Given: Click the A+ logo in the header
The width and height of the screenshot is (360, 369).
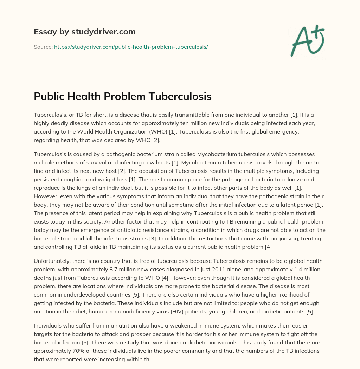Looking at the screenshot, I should [x=307, y=40].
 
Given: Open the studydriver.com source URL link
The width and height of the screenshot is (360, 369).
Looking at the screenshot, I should [x=131, y=47].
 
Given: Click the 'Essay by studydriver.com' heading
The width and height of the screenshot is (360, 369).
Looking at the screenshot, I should [x=85, y=32].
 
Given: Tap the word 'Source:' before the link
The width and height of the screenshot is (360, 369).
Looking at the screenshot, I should [x=43, y=47].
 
